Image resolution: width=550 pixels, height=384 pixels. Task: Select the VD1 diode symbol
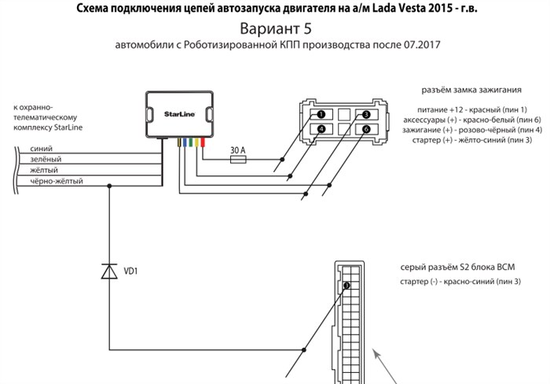coord(108,271)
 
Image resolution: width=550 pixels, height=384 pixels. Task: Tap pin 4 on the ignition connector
coord(321,128)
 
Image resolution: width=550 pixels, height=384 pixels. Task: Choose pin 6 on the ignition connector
coord(365,128)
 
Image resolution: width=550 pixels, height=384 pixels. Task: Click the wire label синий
coord(41,148)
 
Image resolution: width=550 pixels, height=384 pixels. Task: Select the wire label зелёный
coord(45,159)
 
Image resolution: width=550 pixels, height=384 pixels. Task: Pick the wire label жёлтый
coord(44,170)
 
